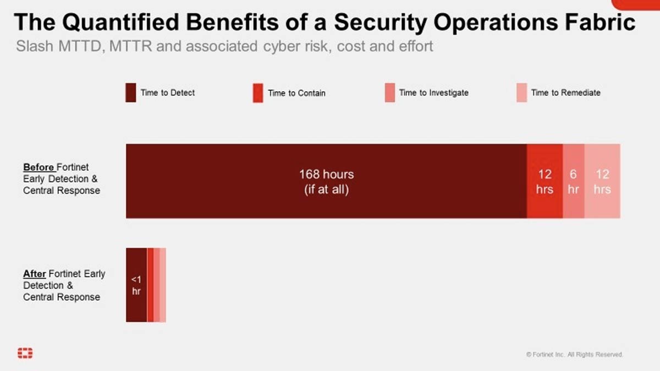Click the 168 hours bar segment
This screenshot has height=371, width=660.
[x=326, y=181]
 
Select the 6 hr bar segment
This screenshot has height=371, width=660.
[x=573, y=181]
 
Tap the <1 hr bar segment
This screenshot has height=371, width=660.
[x=136, y=285]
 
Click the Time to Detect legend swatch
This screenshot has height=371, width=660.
[x=131, y=93]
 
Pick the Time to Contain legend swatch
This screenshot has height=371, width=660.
[x=257, y=93]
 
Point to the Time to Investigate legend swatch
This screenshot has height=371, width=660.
[x=390, y=93]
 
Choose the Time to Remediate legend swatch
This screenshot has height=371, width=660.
[x=521, y=93]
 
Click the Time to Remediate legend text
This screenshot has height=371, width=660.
[x=566, y=93]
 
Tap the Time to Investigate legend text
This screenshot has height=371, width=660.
[x=434, y=93]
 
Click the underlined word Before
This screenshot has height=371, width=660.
[x=38, y=167]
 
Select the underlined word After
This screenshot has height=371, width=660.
[x=35, y=274]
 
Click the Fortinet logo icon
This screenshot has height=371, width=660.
[x=25, y=353]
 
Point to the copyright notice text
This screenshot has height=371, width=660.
[x=575, y=355]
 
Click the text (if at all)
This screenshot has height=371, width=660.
[x=326, y=191]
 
